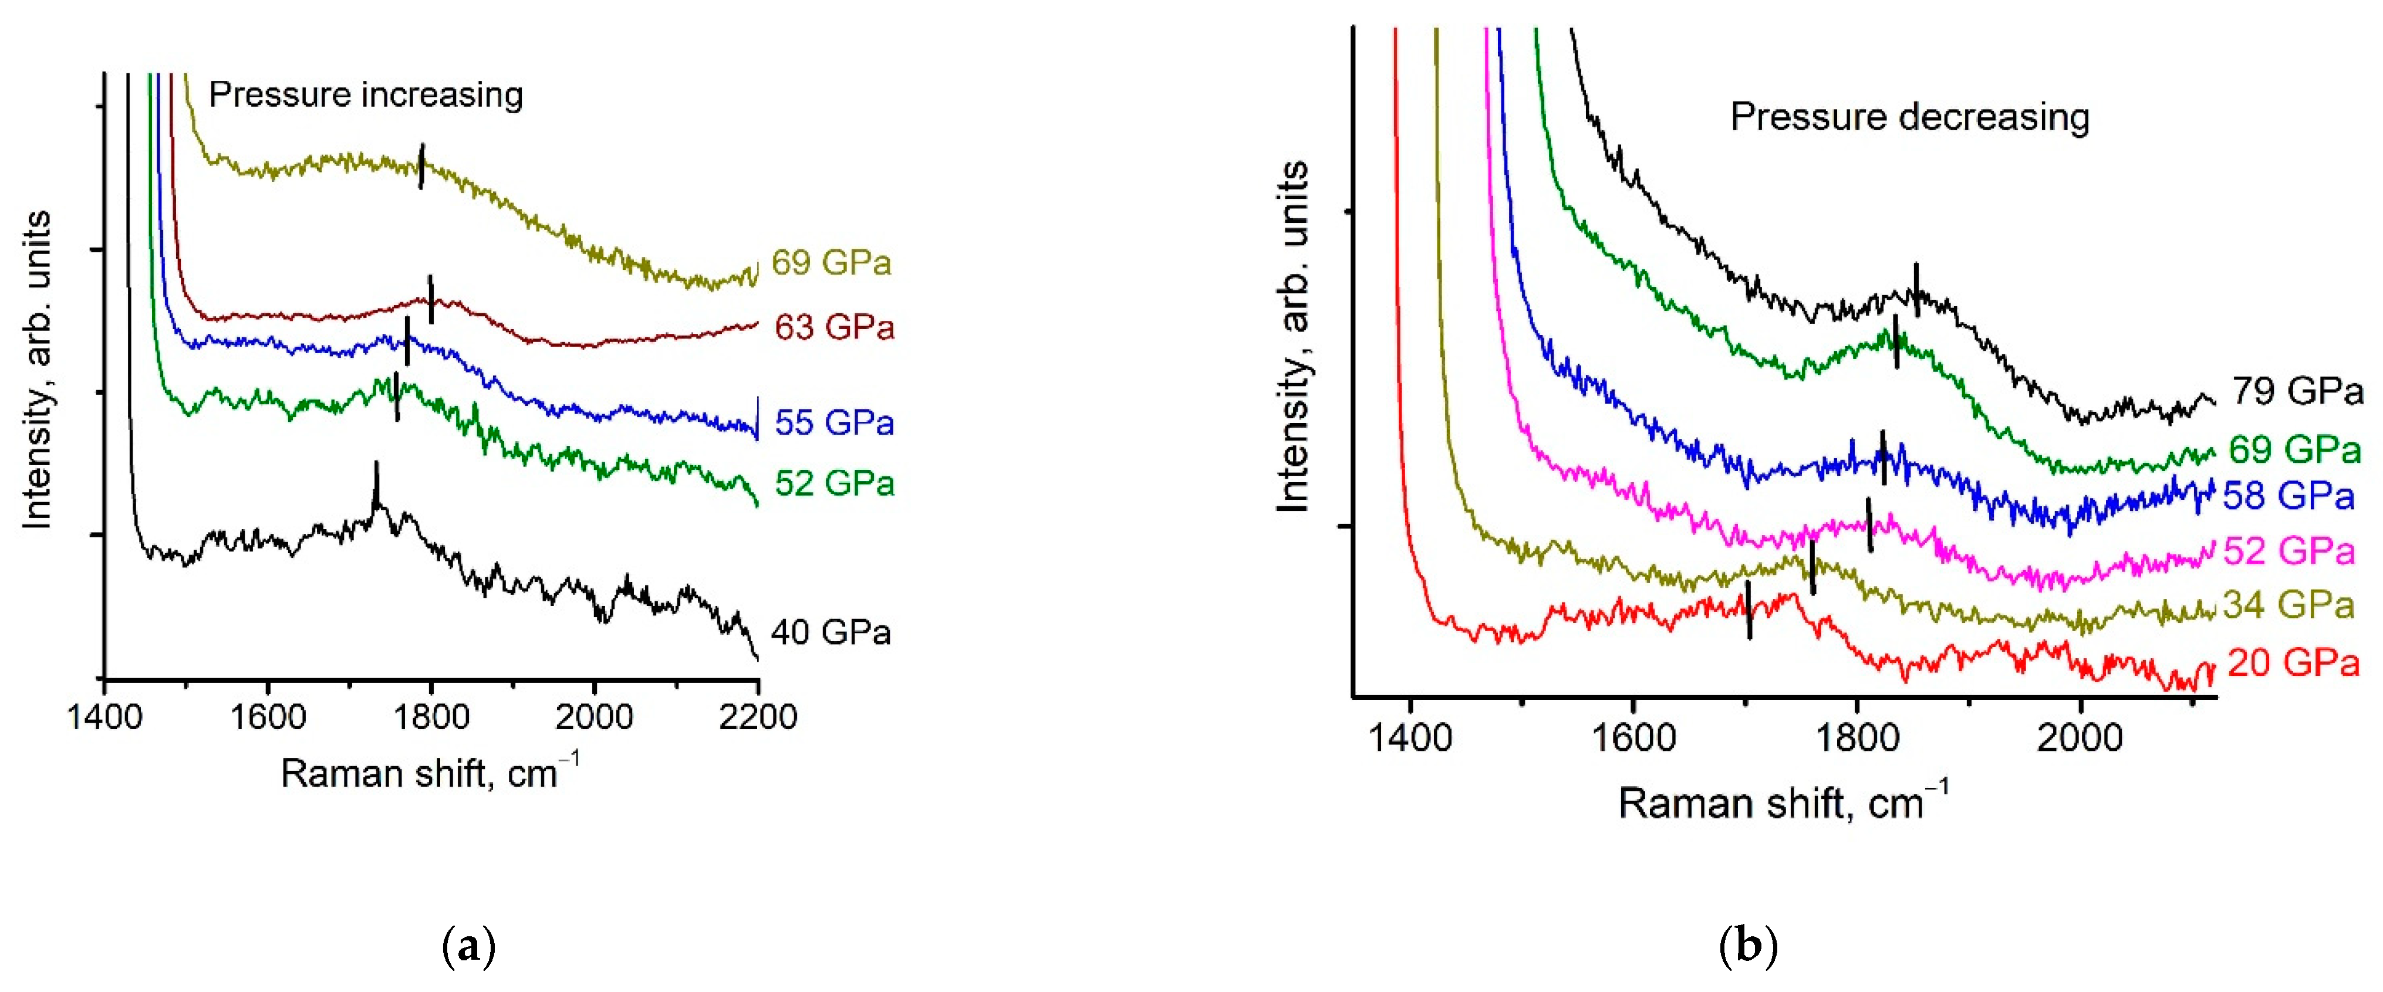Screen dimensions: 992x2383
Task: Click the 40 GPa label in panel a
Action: (x=830, y=632)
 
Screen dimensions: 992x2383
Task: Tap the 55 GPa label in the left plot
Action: (x=833, y=422)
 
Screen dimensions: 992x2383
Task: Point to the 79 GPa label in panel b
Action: (x=2297, y=391)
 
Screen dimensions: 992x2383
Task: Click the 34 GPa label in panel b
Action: (x=2289, y=605)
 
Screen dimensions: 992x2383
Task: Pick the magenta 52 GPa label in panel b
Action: (x=2289, y=551)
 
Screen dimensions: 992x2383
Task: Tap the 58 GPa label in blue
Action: (x=2289, y=496)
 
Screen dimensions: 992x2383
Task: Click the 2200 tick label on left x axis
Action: (x=758, y=716)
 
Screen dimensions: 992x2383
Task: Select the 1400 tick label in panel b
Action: (x=1409, y=738)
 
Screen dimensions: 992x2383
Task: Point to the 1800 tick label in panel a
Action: (x=430, y=716)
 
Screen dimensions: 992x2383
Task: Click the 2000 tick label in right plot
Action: (x=2080, y=738)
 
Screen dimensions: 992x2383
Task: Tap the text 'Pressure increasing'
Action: (x=366, y=94)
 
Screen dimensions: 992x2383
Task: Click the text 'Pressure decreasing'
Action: (x=1909, y=117)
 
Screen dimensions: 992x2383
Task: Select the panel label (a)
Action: (x=469, y=947)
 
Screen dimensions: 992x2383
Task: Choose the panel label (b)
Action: (x=1747, y=947)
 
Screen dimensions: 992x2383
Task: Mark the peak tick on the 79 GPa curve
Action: (x=1916, y=289)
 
